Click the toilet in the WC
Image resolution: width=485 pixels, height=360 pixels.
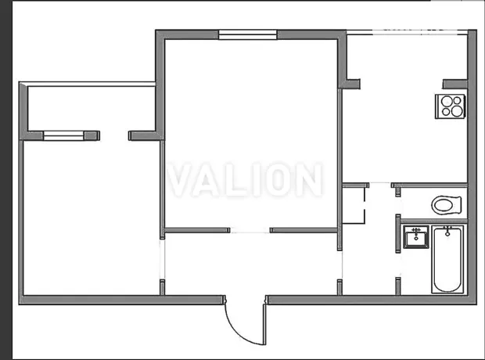[447, 205]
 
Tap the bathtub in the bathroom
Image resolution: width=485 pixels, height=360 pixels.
[447, 259]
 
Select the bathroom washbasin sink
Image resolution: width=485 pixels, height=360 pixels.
[416, 237]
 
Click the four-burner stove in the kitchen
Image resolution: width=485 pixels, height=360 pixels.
[451, 106]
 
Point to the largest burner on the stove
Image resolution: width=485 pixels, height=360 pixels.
[457, 111]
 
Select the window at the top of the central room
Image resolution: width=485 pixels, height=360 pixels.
[247, 34]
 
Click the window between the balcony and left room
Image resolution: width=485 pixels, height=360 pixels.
[63, 135]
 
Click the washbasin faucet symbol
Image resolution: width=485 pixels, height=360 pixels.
[416, 230]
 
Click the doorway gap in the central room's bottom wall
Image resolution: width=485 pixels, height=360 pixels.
[250, 230]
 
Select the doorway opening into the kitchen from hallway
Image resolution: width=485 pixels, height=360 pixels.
[380, 185]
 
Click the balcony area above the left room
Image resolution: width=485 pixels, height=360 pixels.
[92, 108]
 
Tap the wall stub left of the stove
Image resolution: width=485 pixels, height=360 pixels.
[454, 85]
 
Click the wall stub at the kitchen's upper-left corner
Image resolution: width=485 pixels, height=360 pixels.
[350, 84]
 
